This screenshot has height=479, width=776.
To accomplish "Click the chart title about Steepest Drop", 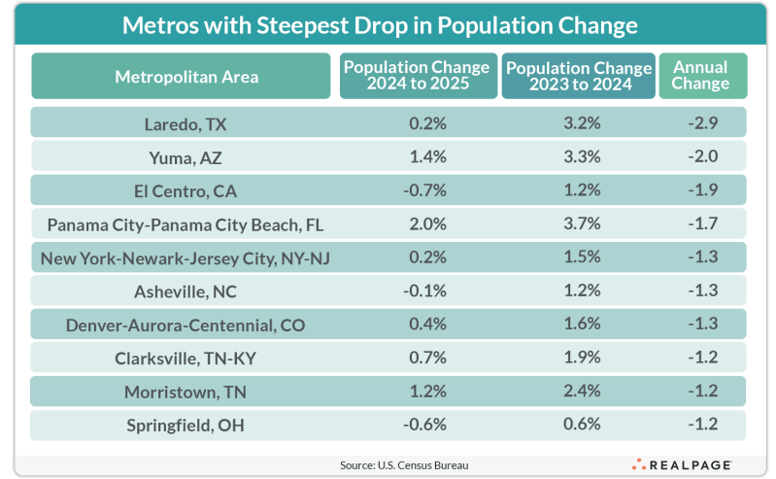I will tap(380, 24).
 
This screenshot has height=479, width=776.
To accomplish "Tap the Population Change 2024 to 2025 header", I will tap(417, 77).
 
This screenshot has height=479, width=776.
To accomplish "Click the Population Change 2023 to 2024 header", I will tap(579, 77).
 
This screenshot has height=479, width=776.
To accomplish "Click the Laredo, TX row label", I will tap(186, 123).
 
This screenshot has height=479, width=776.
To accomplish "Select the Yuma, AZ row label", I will tap(186, 157).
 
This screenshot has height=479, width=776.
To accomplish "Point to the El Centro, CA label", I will tap(186, 191).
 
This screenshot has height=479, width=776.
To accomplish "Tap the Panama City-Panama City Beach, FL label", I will tap(186, 225).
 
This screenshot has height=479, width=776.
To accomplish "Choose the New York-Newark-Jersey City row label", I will tap(186, 258).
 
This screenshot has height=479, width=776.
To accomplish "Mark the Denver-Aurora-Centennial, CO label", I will tap(186, 325).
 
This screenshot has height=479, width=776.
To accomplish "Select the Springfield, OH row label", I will tap(186, 426).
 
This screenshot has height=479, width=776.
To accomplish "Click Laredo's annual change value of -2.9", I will tap(702, 123).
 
